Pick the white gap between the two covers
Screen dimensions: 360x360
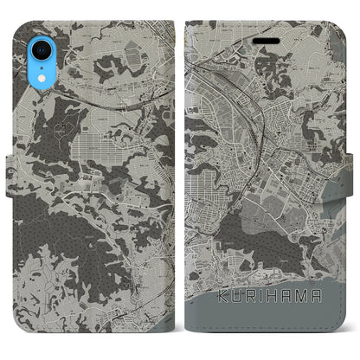[x=179, y=173]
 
